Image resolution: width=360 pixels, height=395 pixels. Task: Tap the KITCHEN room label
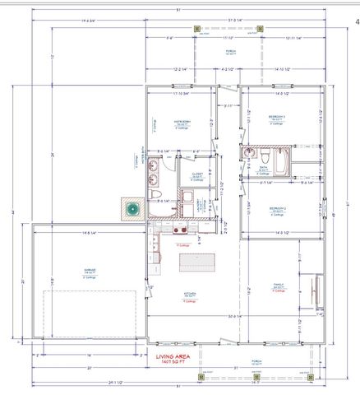[x=190, y=293]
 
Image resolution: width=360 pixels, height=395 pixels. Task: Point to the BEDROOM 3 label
[x=278, y=118]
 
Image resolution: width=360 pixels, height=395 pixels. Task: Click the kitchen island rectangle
[x=198, y=263]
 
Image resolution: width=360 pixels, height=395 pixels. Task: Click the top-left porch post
[x=197, y=30]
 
